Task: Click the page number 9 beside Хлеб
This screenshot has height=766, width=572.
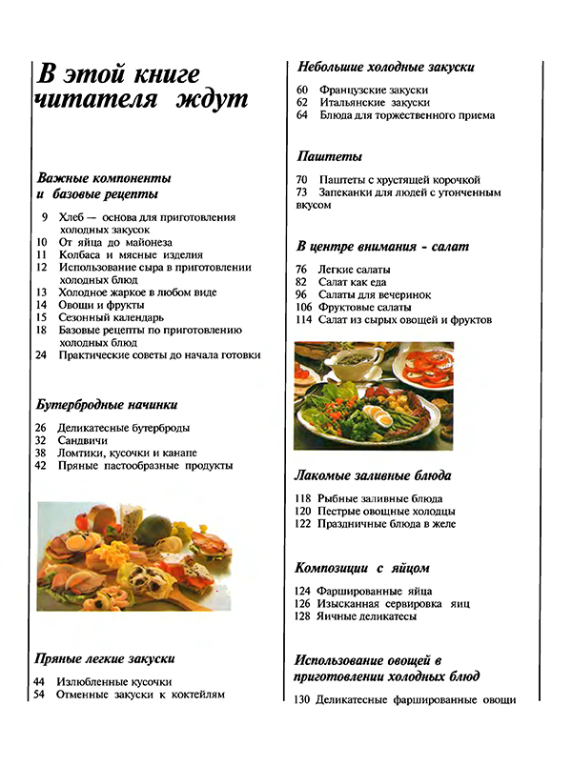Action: point(45,217)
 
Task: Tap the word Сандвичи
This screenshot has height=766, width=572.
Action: point(83,440)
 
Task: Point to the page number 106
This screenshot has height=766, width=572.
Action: point(304,307)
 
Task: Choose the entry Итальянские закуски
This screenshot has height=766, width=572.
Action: point(374,102)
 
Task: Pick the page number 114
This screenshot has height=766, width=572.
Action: point(304,320)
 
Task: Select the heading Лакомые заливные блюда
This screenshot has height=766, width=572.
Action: point(373,474)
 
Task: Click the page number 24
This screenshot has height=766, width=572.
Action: point(41,354)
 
